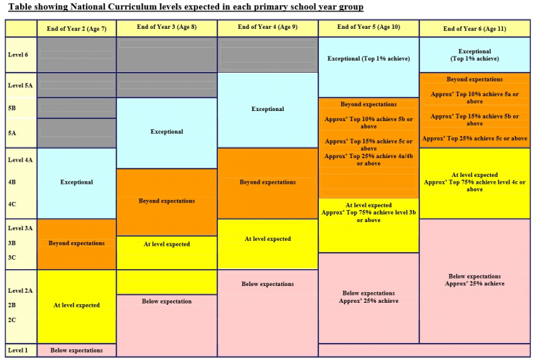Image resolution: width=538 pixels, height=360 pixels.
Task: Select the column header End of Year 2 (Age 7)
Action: (76, 29)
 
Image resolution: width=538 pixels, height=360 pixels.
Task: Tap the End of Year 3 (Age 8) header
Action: (166, 28)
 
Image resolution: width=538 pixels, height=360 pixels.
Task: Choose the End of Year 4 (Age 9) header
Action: (268, 28)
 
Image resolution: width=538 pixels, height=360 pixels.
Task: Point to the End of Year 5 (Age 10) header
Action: (368, 28)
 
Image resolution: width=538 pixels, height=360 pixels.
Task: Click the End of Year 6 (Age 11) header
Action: (474, 29)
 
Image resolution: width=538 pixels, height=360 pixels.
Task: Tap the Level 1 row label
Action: (18, 350)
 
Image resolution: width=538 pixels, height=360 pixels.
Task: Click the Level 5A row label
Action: (20, 85)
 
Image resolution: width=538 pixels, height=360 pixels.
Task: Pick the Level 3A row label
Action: (20, 228)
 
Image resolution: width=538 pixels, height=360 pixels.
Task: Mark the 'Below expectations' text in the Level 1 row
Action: (77, 350)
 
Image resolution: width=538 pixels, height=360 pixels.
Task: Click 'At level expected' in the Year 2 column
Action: (77, 305)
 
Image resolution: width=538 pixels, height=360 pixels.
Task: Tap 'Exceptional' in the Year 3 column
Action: (166, 132)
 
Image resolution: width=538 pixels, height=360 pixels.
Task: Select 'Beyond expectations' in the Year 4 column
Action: (268, 182)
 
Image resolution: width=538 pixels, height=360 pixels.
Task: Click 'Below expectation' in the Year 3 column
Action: (166, 301)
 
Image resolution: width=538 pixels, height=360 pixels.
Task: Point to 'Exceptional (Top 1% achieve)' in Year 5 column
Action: (368, 59)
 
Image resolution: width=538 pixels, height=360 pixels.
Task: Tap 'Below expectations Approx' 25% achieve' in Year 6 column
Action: (474, 280)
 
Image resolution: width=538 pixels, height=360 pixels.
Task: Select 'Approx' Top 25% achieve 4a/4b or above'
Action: (368, 159)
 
